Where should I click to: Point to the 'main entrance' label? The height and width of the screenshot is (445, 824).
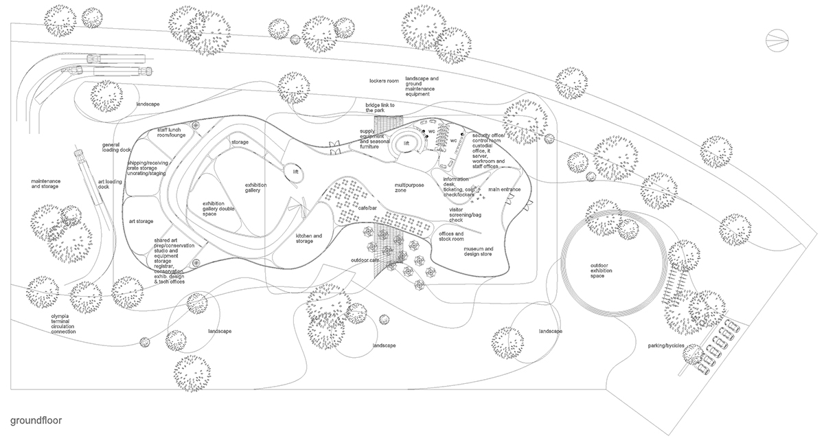click(505, 189)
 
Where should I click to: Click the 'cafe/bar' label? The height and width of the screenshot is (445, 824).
click(368, 207)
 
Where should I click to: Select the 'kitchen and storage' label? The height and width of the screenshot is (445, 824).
click(309, 238)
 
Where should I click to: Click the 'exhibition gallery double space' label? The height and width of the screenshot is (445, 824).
click(219, 208)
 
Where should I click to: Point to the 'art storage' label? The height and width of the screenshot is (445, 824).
click(141, 221)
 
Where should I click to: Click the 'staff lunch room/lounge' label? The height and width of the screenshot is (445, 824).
click(172, 133)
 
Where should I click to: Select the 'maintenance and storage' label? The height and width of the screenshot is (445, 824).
click(45, 183)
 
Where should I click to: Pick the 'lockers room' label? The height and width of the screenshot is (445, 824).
click(383, 81)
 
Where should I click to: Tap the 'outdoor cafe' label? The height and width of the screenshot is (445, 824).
click(365, 260)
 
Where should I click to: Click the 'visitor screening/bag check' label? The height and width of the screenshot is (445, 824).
click(466, 215)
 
